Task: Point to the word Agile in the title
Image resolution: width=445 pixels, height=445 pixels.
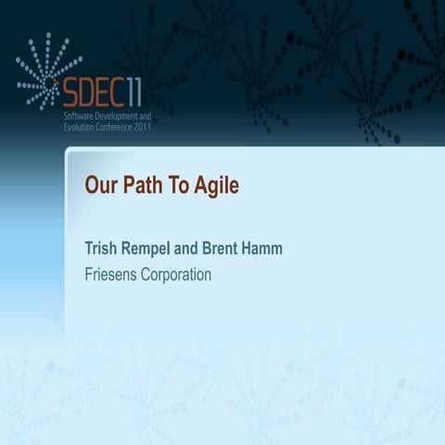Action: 216,186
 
